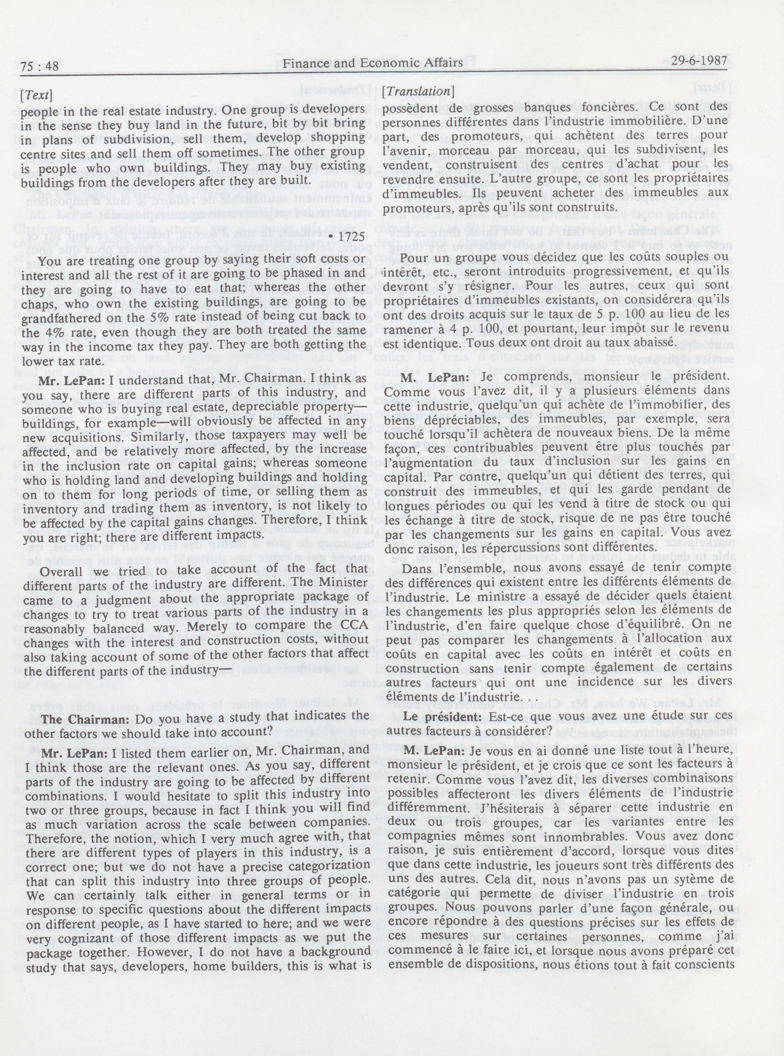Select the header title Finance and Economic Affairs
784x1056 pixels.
pyautogui.click(x=372, y=63)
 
